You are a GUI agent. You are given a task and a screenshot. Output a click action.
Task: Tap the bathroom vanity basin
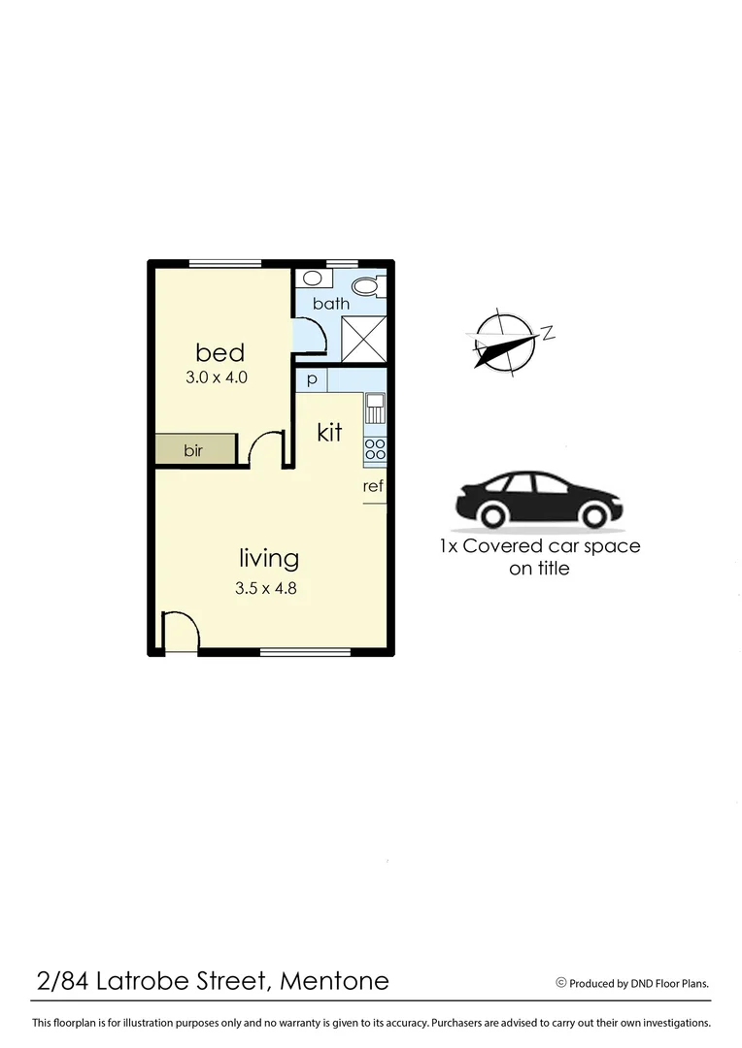pos(312,278)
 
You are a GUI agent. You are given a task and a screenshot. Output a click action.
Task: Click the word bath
pos(330,304)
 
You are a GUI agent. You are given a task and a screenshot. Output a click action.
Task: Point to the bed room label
pos(219,351)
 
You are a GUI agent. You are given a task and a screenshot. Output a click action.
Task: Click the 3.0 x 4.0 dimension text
pos(219,377)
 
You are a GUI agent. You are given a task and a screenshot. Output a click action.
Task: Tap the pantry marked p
pos(312,379)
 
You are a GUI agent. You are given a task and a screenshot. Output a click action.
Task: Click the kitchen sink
pos(375,408)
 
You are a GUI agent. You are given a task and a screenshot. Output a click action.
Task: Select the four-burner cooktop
pos(375,448)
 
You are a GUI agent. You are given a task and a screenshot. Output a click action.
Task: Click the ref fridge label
pos(374,486)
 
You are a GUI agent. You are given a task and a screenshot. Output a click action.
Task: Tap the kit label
pos(329,433)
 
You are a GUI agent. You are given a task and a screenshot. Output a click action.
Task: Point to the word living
pos(269,558)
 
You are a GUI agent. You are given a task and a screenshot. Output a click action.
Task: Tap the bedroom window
pos(225,262)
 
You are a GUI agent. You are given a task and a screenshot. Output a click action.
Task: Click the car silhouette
pos(539,500)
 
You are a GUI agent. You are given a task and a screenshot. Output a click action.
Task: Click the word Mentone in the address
pos(334,981)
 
